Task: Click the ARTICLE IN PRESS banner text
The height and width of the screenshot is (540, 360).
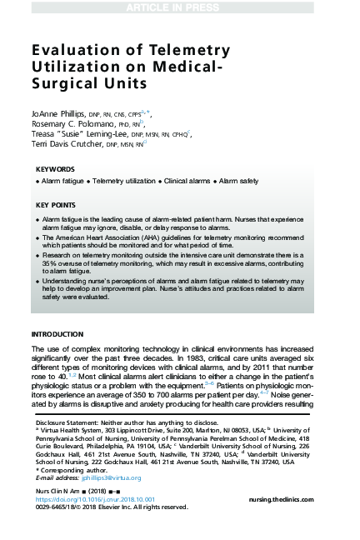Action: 179,8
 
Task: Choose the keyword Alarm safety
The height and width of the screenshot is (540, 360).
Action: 238,181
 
